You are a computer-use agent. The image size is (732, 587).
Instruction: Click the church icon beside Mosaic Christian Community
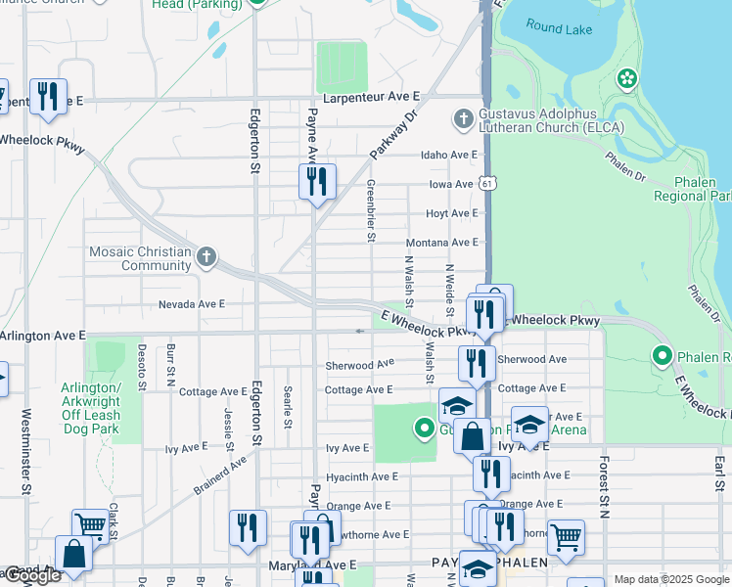coord(206,258)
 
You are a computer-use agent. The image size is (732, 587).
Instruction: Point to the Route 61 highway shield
coord(487,183)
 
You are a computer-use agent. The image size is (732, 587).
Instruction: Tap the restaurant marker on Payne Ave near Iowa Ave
coord(317,182)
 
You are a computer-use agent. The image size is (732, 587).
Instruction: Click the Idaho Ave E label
coord(448,156)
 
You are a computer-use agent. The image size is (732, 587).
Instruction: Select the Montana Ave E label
coord(441,243)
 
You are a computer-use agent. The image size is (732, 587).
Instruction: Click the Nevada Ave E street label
coord(192,304)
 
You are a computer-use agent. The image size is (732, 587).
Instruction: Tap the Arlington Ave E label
coord(43,336)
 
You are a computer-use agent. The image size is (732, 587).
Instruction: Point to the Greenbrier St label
coord(371,210)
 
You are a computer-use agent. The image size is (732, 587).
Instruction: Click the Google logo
coord(32,576)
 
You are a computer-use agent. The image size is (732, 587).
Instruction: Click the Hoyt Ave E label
coord(451,213)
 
